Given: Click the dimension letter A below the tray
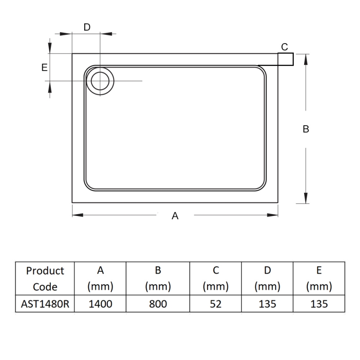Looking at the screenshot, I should (175, 216).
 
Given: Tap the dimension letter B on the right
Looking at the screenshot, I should (306, 129).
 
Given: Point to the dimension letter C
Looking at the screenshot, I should (284, 47).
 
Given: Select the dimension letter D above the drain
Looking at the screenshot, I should (87, 27).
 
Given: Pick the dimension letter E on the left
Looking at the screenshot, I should (44, 67).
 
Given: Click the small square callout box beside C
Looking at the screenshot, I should (286, 59).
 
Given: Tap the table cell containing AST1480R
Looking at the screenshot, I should (45, 304).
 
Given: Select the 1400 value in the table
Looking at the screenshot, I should (100, 304).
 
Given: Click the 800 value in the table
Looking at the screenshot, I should (157, 304).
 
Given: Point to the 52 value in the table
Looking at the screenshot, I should (216, 304).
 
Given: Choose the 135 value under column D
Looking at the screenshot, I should (267, 304).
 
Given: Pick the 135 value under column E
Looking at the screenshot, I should (319, 304).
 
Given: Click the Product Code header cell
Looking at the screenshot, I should (45, 279).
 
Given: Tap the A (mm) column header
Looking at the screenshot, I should (100, 279).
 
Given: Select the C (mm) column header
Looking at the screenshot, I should (216, 279).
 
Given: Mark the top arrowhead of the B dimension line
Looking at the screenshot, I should (306, 58).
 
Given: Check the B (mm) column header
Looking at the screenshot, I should (157, 279).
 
